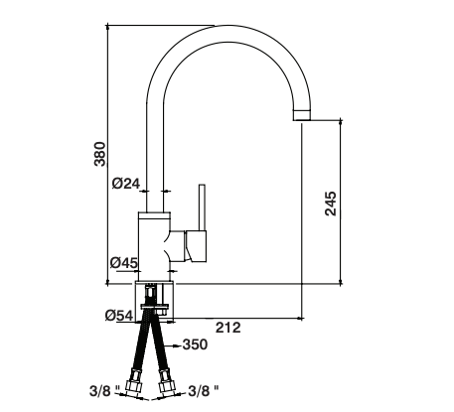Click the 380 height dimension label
pos(100,154)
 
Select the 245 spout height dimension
pos(330,204)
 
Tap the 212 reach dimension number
pos(228,328)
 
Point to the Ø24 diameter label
pos(126,183)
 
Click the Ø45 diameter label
pos(124,263)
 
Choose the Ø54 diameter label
pos(119,316)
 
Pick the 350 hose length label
pos(195,344)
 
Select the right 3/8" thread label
pos(204,391)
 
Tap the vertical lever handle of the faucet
pos(202,207)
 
